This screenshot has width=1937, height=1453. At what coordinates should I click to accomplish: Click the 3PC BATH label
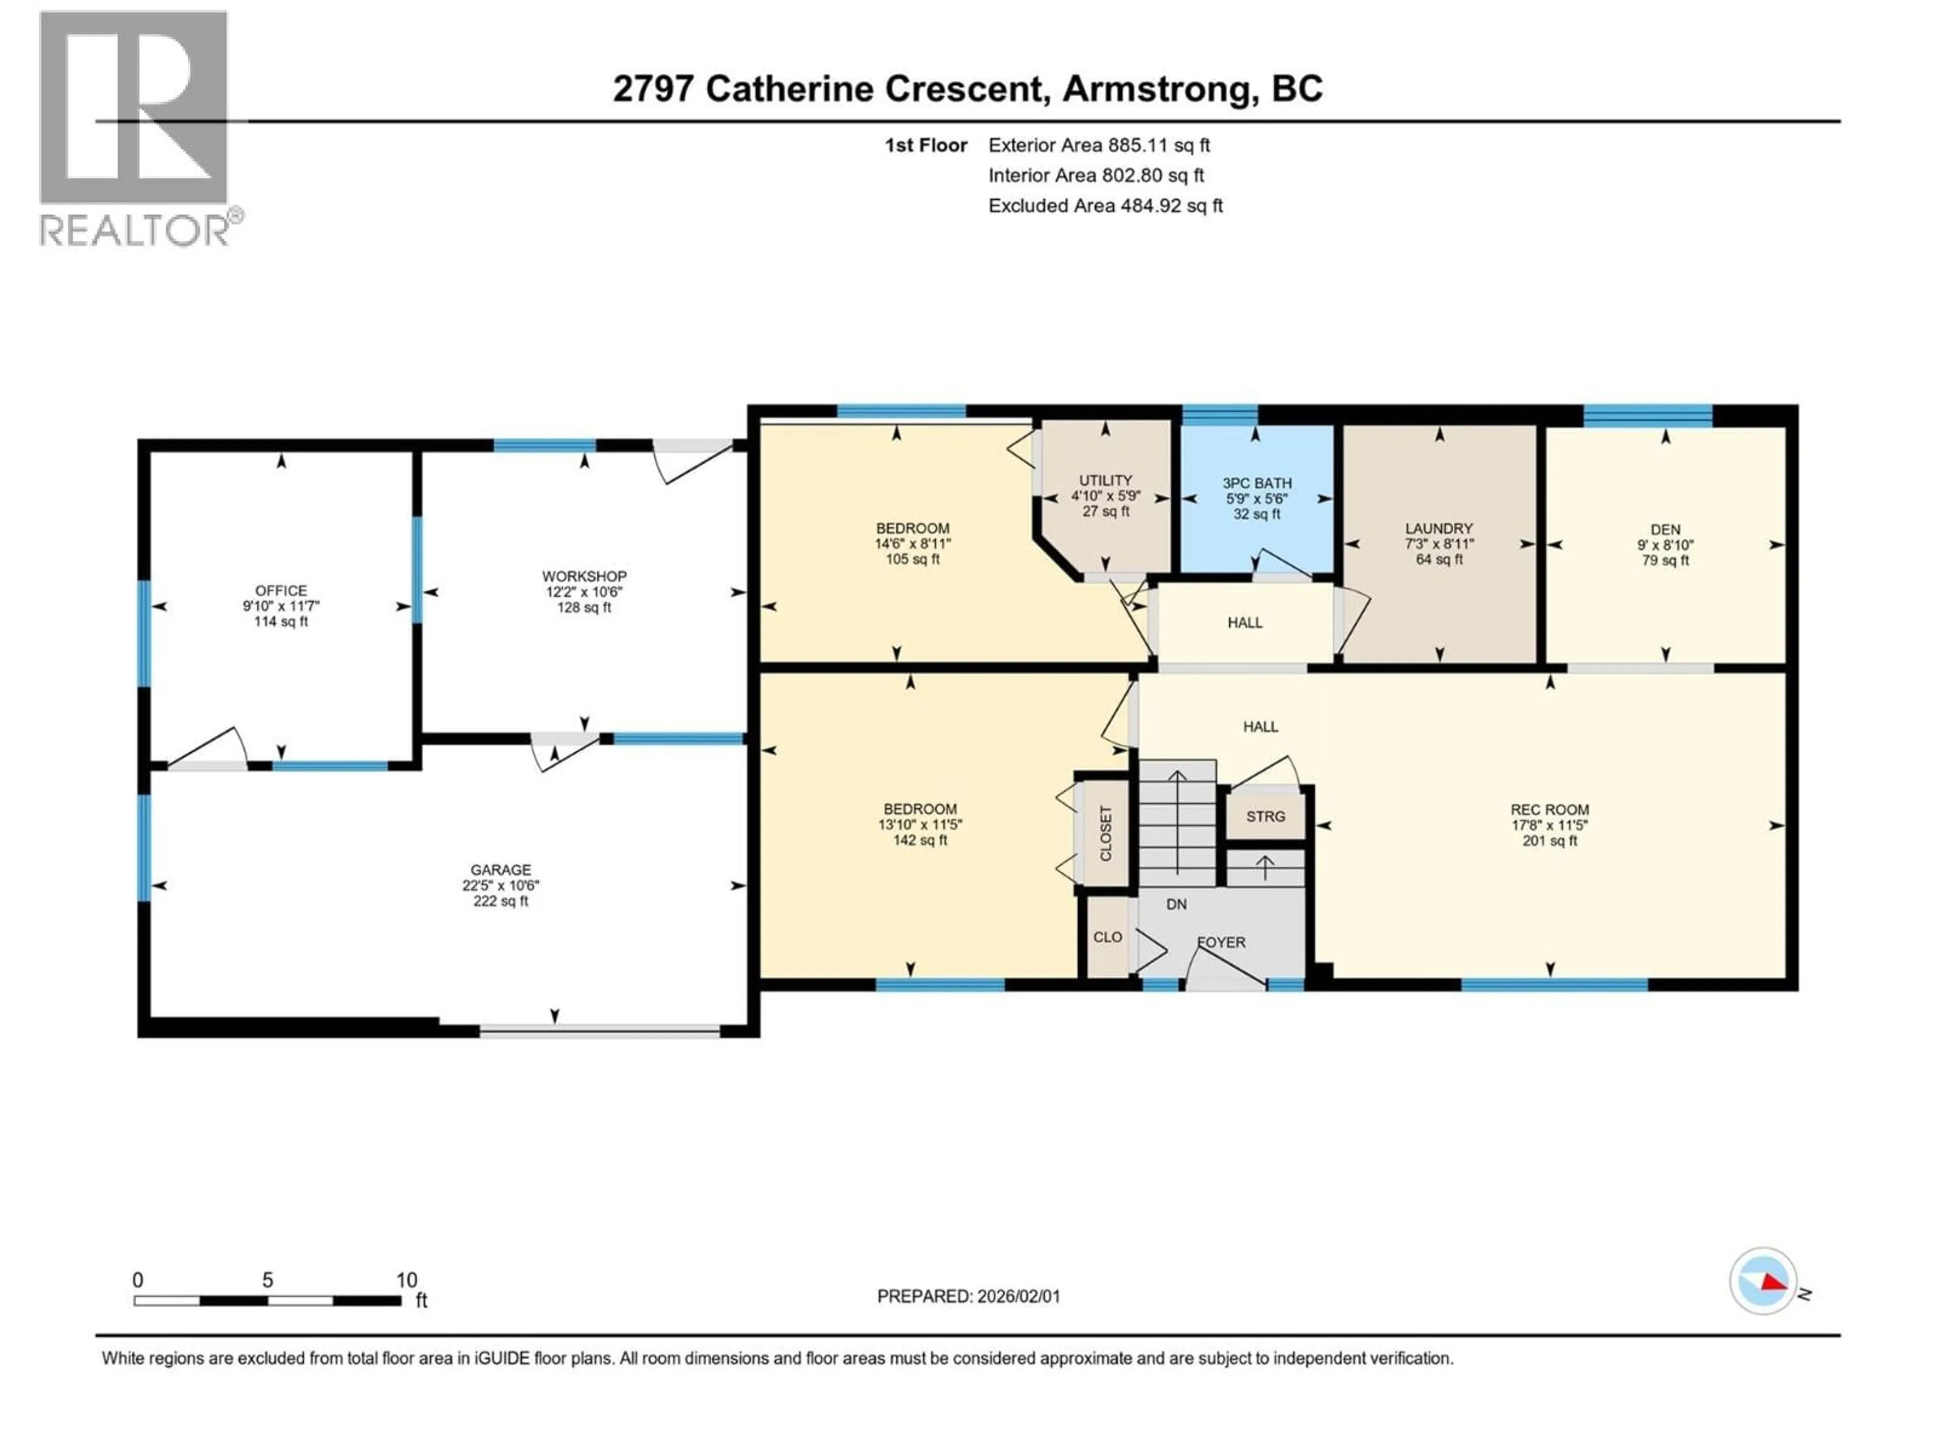1257,483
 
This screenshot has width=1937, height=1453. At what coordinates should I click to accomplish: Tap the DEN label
1665,530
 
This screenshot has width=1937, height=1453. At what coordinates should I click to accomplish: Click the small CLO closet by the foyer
1107,937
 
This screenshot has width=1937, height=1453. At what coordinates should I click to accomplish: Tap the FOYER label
1221,942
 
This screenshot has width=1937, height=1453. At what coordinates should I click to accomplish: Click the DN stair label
1176,905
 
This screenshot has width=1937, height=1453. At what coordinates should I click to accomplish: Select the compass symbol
1763,1280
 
